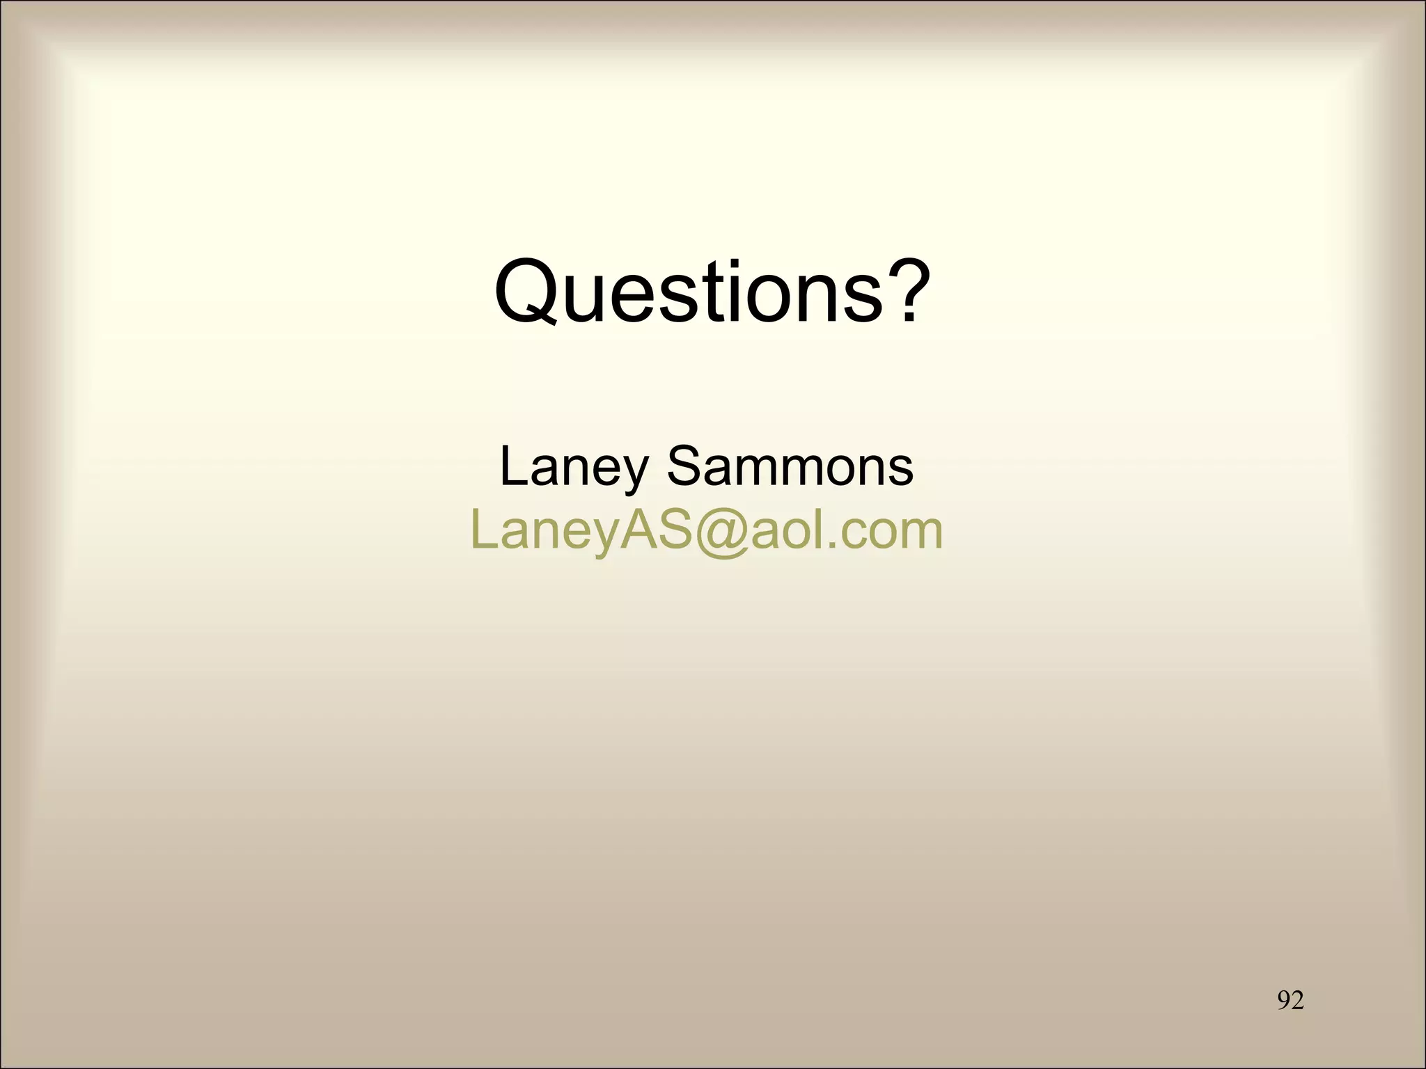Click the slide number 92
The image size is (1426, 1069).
(1290, 1000)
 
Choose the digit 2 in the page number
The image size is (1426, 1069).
(1297, 1000)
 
